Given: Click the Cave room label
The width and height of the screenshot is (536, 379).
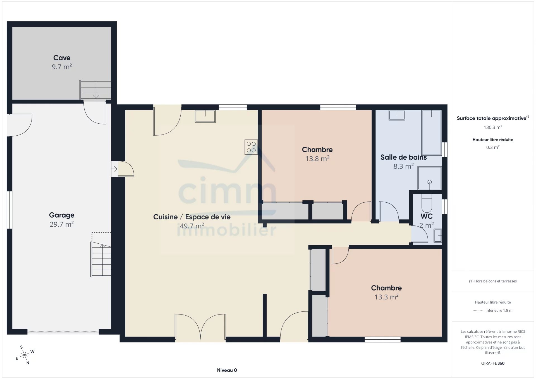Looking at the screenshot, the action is (x=62, y=58).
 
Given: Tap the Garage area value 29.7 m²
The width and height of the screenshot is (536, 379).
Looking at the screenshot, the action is (x=62, y=224).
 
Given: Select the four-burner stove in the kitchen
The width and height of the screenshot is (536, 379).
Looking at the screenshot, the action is (x=251, y=147).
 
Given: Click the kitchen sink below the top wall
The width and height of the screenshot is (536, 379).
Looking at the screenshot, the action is (x=205, y=116).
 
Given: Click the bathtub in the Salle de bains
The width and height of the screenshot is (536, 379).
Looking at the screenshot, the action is (x=432, y=133).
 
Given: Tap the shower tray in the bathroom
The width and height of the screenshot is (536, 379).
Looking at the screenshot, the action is (x=429, y=178).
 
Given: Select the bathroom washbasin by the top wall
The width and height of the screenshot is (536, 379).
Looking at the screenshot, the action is (x=397, y=115).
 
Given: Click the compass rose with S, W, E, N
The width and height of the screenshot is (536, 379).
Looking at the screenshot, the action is (x=25, y=355).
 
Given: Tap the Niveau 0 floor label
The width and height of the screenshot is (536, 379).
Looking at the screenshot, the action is (x=227, y=370).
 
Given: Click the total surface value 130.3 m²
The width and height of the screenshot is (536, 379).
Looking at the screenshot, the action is (x=493, y=127).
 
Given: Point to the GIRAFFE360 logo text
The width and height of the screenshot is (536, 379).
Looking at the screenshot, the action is (x=493, y=363).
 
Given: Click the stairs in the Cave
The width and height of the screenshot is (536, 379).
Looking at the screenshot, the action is (x=95, y=90).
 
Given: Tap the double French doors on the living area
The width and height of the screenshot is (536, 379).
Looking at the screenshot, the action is (x=200, y=328).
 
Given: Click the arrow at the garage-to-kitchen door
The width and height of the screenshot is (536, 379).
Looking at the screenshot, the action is (x=114, y=169).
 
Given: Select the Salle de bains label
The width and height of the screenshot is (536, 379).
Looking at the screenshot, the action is (x=403, y=157).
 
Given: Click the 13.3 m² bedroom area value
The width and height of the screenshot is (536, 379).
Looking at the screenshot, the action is (x=386, y=297).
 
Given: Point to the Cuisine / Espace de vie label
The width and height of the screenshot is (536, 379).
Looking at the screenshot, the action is (x=192, y=217).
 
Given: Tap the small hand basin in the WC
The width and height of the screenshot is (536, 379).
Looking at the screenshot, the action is (x=438, y=235).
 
